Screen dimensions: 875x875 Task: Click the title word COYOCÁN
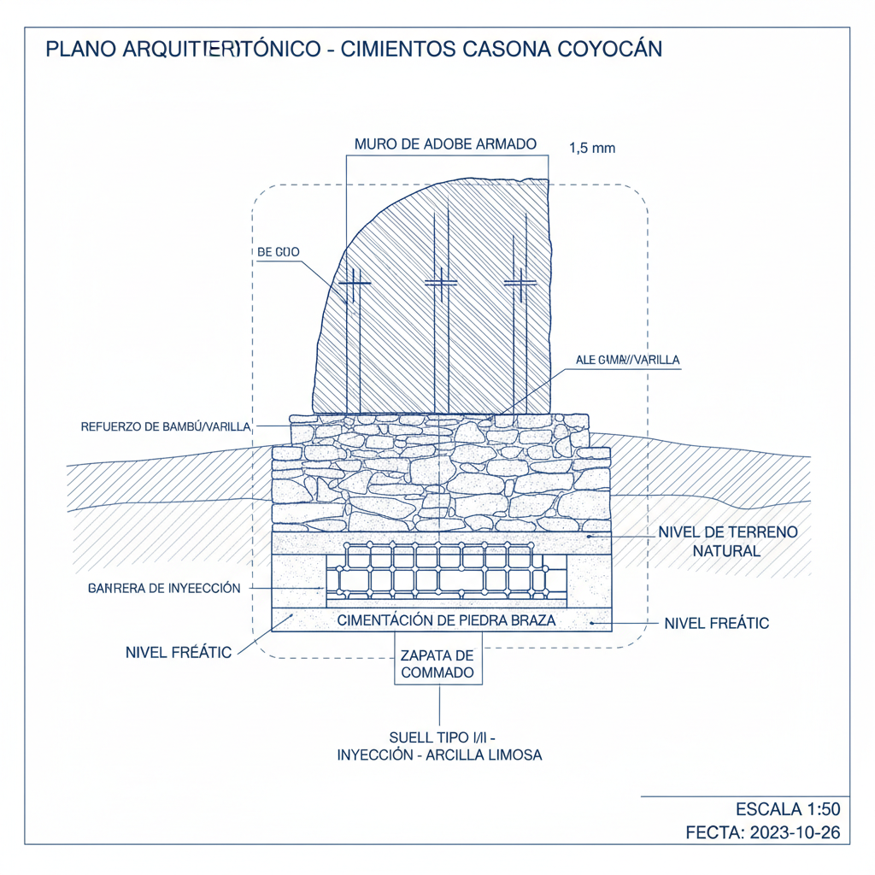click(609, 49)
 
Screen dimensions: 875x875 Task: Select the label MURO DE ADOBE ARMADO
click(446, 144)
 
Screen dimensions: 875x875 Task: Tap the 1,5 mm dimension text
click(592, 148)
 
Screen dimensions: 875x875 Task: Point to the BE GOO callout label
click(278, 252)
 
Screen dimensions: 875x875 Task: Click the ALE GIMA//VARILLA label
click(628, 360)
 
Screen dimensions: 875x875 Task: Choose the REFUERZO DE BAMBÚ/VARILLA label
click(165, 426)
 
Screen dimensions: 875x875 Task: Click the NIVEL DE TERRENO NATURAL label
click(727, 542)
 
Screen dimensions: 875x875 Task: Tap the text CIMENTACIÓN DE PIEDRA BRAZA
click(447, 621)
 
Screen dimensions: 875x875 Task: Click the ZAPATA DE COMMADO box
click(437, 664)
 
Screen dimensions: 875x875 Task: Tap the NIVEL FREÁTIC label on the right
click(716, 624)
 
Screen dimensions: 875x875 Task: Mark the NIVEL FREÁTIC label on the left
click(179, 653)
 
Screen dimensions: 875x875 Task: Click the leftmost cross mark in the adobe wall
click(355, 283)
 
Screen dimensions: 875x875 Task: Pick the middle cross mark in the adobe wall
click(440, 283)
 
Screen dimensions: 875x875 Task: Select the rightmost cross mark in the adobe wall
click(519, 283)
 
